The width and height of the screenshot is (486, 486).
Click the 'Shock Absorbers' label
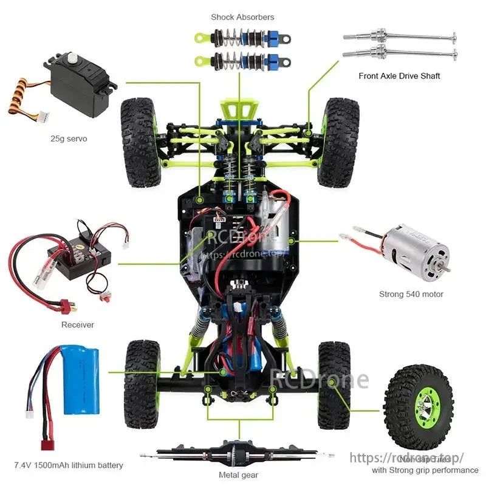click(242, 17)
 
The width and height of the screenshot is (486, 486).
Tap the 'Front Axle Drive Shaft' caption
click(399, 76)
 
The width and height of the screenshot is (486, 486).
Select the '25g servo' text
click(69, 139)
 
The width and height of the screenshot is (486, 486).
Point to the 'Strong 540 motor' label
click(411, 294)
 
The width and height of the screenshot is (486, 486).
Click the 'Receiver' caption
click(78, 324)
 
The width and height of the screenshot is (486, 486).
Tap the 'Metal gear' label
click(238, 475)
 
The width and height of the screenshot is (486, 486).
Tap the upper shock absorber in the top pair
click(243, 37)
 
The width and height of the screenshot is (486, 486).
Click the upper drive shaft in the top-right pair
click(399, 35)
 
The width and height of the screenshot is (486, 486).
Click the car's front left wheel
click(140, 142)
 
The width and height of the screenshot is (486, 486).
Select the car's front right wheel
click(339, 142)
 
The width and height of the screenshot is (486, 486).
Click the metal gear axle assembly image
click(237, 453)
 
